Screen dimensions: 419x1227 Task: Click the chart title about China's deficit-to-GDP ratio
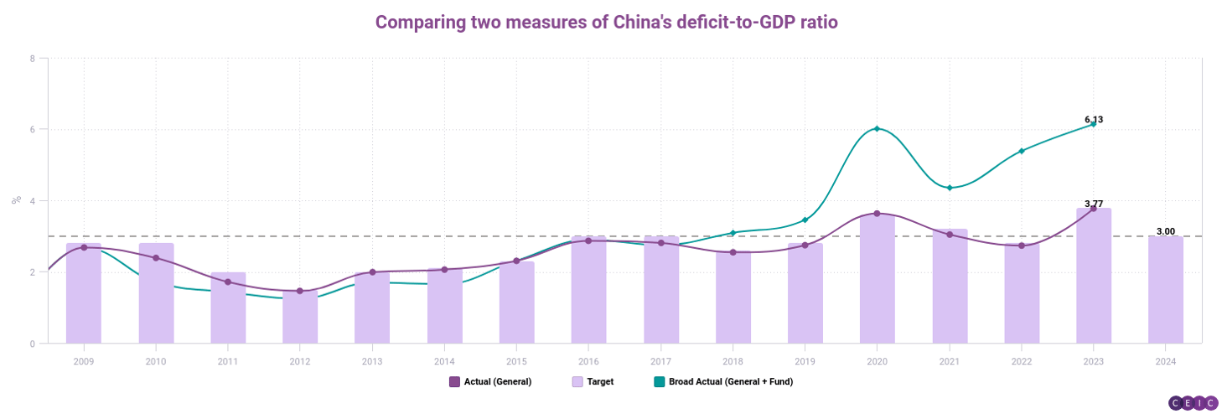(607, 23)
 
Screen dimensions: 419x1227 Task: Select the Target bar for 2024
(1165, 289)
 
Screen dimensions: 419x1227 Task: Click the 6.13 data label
(1094, 120)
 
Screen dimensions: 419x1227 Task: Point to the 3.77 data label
(1094, 204)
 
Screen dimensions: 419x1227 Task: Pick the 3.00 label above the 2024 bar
(1165, 231)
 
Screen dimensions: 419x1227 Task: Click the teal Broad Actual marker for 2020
(877, 129)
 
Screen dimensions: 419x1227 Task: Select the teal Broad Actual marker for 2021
(950, 188)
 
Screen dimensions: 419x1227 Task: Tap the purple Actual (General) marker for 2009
(84, 247)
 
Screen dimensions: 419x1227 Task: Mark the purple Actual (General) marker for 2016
(588, 241)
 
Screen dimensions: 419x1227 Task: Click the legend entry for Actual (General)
(491, 382)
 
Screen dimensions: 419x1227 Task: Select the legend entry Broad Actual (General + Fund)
(722, 382)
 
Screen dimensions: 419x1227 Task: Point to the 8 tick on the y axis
(32, 59)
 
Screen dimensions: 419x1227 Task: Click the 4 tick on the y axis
(32, 201)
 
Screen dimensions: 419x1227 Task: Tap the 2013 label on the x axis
(372, 361)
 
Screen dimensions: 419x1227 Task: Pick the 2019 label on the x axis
(805, 361)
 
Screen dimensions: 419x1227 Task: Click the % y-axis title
(15, 200)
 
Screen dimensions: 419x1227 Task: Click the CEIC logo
(1193, 404)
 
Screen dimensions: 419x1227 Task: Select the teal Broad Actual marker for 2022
(1022, 151)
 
